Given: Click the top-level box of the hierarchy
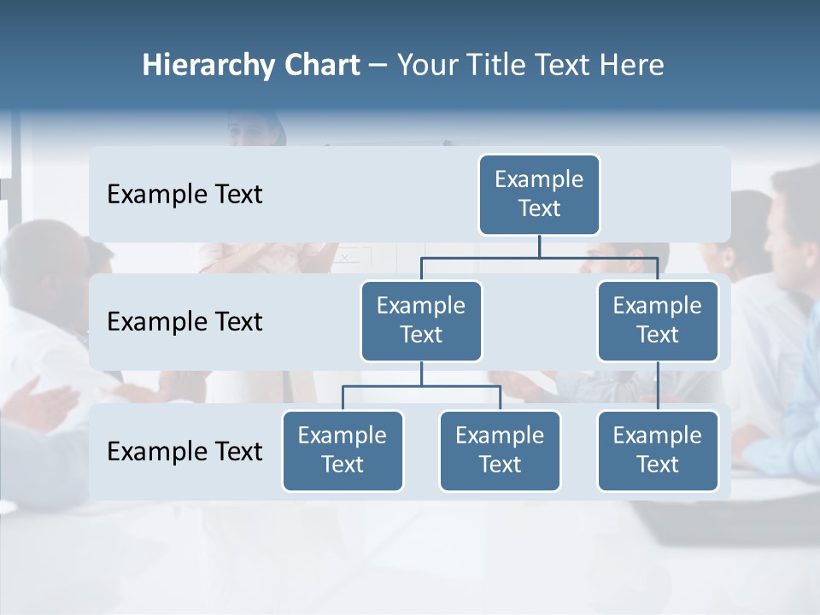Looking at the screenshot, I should coord(539,195).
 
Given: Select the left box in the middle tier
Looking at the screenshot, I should coord(421,321).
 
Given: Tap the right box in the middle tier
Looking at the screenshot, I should coord(658,321).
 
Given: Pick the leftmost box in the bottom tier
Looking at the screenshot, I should coord(343,451).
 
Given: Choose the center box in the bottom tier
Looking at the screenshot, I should coord(500,451).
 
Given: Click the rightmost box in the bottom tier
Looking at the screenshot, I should coord(658,451).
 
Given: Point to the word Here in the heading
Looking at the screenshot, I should coord(632,66).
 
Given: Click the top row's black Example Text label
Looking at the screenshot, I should coord(184,195).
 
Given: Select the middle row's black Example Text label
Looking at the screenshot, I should coord(184,322).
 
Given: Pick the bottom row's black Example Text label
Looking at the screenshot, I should coord(184,451).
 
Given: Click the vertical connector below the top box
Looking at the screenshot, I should coord(539,246).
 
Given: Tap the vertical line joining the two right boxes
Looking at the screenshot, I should coord(658,386).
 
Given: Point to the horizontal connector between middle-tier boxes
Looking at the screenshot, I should coord(539,257).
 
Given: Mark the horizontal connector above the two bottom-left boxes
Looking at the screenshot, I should coord(421,386).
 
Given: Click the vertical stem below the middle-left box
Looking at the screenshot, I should coord(421,373).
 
